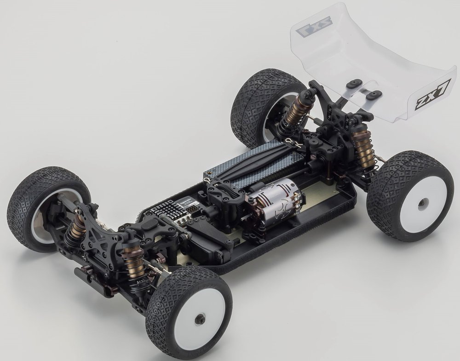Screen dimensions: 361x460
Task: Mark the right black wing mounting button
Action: tap(373, 95)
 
